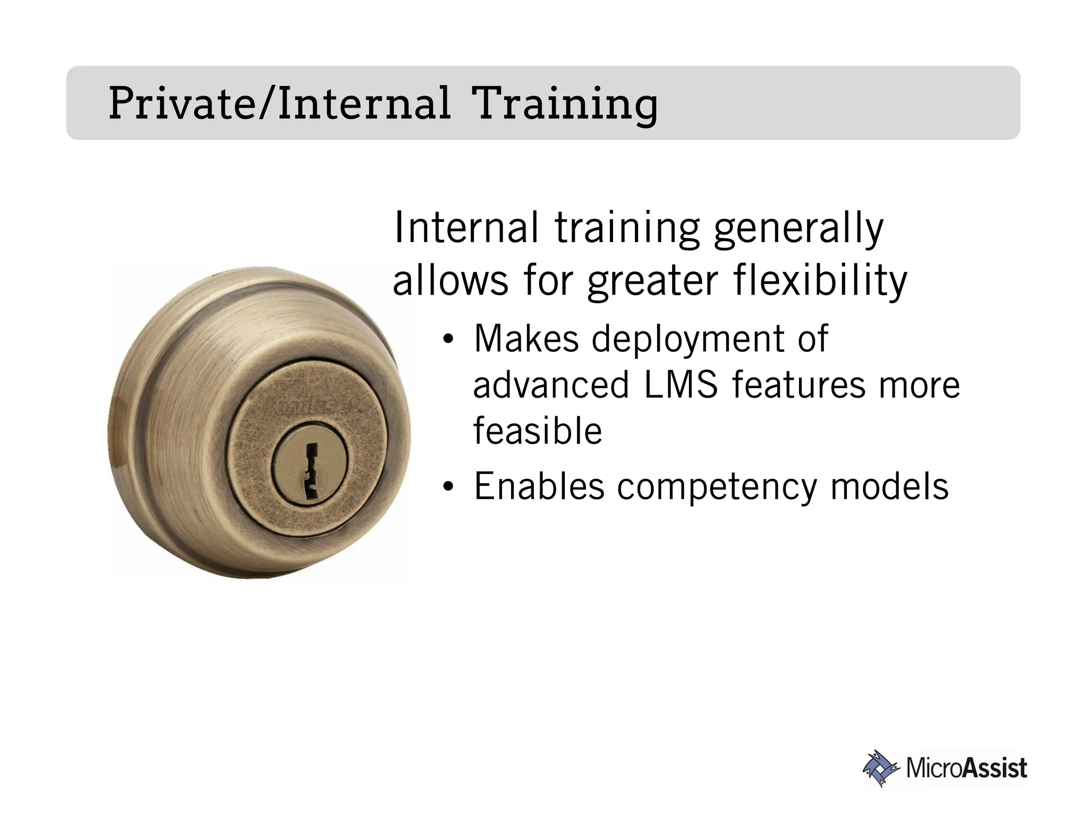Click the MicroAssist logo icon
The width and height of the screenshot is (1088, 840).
[881, 768]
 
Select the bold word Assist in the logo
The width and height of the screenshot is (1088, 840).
[994, 768]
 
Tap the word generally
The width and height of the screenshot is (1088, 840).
[798, 228]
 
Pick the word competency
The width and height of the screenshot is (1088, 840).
[716, 487]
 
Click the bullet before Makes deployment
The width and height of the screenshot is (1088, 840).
[448, 339]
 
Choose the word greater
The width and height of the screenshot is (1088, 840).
[652, 281]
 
